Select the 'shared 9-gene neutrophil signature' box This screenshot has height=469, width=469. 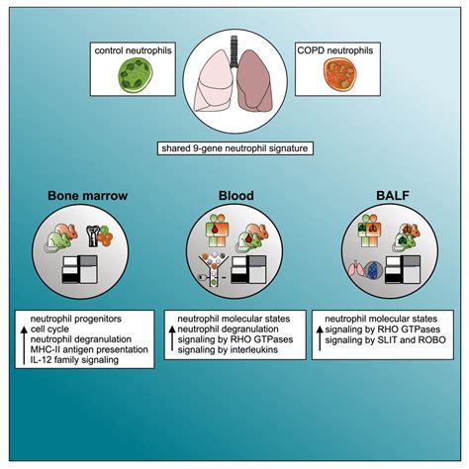[x=233, y=149]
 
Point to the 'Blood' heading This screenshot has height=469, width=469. [x=234, y=195]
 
